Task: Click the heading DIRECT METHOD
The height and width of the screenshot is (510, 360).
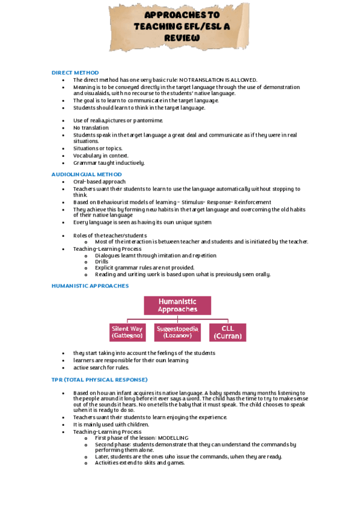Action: click(x=75, y=73)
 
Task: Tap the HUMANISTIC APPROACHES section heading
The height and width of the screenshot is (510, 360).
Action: click(x=90, y=286)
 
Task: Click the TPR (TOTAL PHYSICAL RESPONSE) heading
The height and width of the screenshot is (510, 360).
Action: click(x=99, y=380)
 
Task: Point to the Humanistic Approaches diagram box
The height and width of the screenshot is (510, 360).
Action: click(x=177, y=305)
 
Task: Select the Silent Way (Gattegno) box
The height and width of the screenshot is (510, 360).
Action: click(x=127, y=333)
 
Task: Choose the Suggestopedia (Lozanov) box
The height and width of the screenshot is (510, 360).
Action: click(x=177, y=333)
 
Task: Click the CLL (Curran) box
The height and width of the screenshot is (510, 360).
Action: click(x=228, y=333)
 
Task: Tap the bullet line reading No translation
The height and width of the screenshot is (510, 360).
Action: click(x=91, y=127)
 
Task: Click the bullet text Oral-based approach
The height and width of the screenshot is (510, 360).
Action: click(x=99, y=182)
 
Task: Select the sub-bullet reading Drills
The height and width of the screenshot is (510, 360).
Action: click(x=102, y=262)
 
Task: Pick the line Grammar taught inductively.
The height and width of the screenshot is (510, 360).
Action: click(x=109, y=162)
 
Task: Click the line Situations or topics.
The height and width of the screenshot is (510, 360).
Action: click(x=97, y=148)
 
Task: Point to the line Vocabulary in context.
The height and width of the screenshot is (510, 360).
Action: click(x=100, y=155)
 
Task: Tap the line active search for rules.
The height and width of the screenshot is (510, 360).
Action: click(x=101, y=367)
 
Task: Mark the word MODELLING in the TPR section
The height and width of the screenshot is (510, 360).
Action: click(x=171, y=438)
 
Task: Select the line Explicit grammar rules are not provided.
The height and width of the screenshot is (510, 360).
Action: click(x=144, y=268)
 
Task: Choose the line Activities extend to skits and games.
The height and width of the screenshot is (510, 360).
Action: click(x=139, y=462)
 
